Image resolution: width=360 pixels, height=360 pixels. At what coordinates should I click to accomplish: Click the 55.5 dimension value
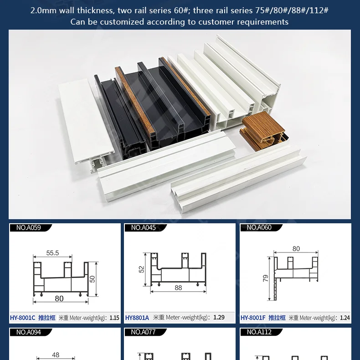(x=52, y=253)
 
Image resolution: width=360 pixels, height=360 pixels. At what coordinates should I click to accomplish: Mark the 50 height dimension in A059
(x=93, y=278)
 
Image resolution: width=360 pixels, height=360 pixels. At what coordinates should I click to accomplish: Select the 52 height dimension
(x=141, y=270)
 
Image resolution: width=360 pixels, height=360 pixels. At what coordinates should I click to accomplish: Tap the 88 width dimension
(x=178, y=288)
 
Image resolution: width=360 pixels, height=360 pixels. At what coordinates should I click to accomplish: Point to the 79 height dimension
(x=266, y=278)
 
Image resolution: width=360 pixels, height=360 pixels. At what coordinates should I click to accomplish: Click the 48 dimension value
(x=56, y=355)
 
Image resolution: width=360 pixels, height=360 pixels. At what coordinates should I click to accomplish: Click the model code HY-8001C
(x=23, y=318)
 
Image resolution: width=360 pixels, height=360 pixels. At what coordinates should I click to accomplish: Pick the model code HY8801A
(x=137, y=318)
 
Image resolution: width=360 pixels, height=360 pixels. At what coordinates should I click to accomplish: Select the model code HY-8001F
(x=253, y=318)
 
